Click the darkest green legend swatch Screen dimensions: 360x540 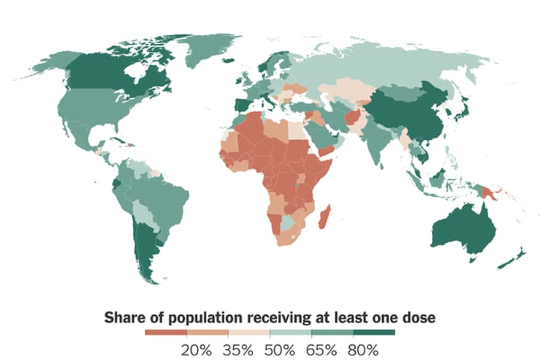point(374,333)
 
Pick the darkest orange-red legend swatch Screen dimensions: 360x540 point(165,333)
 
